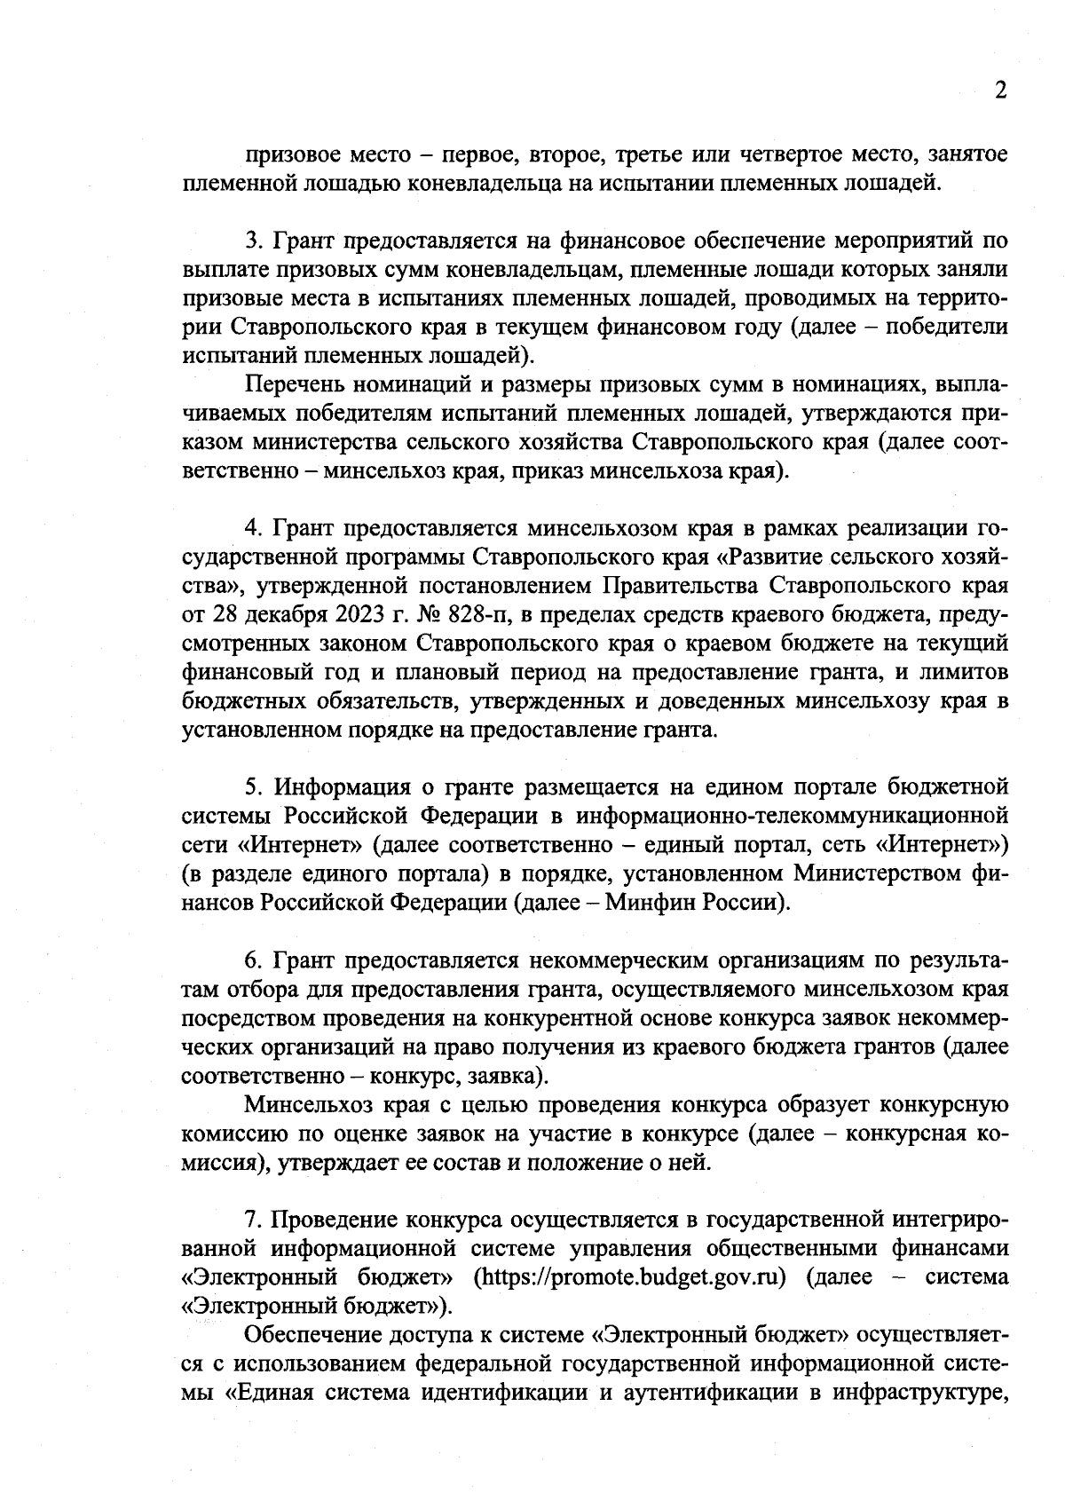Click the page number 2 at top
pos(1000,91)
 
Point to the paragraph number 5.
pos(251,786)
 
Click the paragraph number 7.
pos(251,1220)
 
